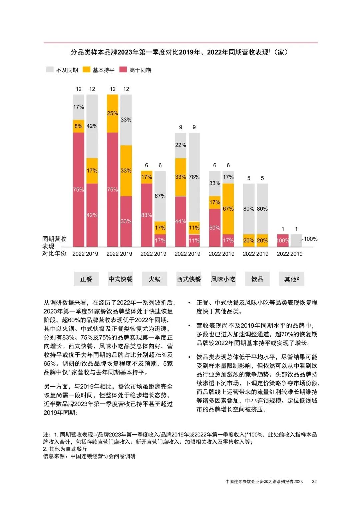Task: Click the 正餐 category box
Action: click(x=86, y=279)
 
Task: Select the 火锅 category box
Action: click(x=154, y=279)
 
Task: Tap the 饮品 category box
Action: click(x=257, y=279)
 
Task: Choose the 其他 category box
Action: click(x=291, y=279)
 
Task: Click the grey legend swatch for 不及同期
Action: click(x=50, y=70)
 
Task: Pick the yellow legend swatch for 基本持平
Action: click(x=86, y=70)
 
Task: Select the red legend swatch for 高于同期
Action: click(x=123, y=70)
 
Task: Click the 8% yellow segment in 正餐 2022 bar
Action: click(x=79, y=126)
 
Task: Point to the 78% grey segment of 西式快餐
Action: click(x=194, y=177)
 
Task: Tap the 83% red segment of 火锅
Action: click(x=146, y=215)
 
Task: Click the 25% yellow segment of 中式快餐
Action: click(x=113, y=113)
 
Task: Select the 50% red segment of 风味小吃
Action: click(x=215, y=228)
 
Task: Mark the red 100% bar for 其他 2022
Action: click(x=283, y=240)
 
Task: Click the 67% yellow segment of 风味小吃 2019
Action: click(x=228, y=209)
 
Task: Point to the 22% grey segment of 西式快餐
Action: click(x=181, y=145)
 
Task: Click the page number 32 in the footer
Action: click(x=314, y=481)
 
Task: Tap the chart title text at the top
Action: click(x=179, y=52)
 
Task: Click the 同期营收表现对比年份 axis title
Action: click(x=54, y=246)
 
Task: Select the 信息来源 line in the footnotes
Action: click(x=89, y=456)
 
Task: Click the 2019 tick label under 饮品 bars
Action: click(x=262, y=254)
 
